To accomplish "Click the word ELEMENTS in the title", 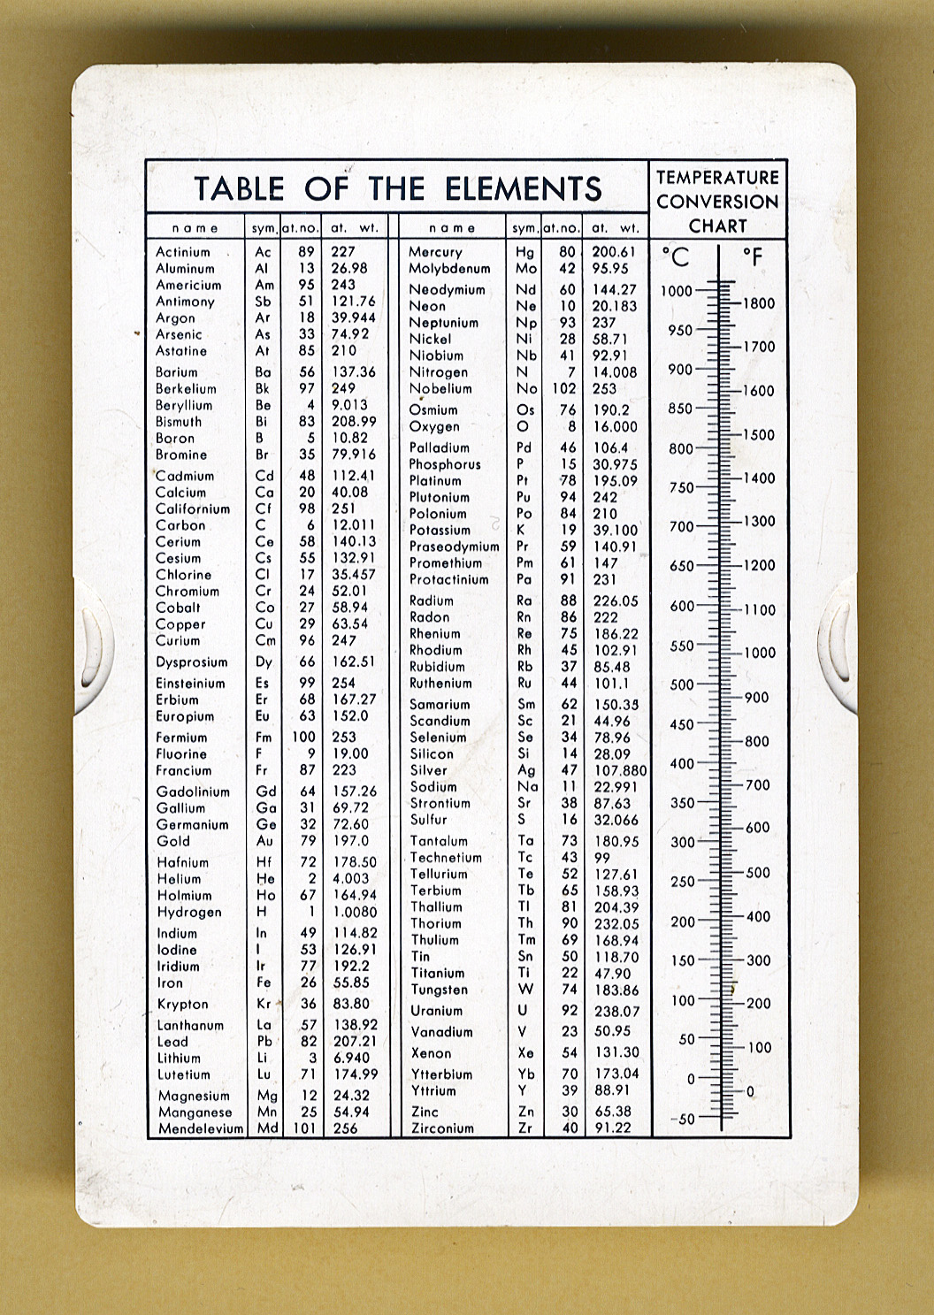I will click(523, 188).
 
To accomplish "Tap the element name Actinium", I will click(183, 252).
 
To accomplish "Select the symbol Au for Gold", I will click(264, 841).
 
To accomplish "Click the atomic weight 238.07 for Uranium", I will click(616, 1011).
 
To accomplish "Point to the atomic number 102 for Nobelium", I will click(563, 388).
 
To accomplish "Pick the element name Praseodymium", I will click(454, 547).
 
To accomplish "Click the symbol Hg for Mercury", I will click(525, 252).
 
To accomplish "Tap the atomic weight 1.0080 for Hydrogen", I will click(355, 912).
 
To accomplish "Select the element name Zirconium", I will click(442, 1128).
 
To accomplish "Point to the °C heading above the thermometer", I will click(676, 257).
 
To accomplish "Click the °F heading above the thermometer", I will click(752, 257).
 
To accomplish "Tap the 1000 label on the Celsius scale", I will click(677, 291).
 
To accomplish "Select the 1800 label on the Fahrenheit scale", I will click(758, 303).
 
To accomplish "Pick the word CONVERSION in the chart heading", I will click(717, 202).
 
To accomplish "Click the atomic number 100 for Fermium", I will click(303, 737).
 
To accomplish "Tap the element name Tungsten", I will click(439, 990).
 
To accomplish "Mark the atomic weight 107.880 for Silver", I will click(620, 770).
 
